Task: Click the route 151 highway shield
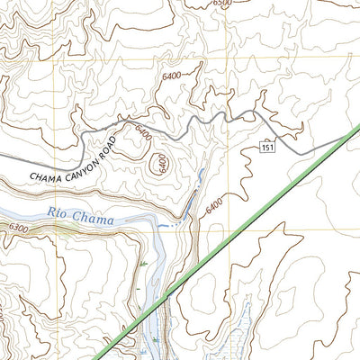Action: click(x=267, y=146)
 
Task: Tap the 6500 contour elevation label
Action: click(x=223, y=4)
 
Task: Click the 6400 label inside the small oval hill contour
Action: click(x=160, y=165)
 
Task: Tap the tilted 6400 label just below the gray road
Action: click(x=142, y=132)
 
